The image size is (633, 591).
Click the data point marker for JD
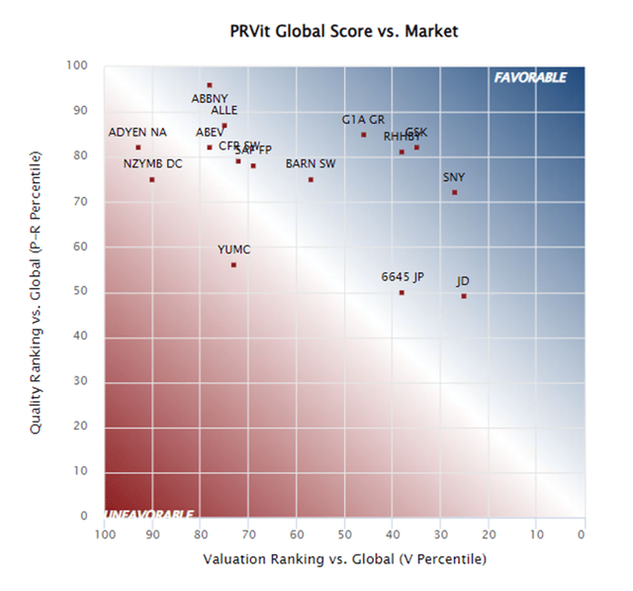[464, 296]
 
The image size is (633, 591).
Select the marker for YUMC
[233, 265]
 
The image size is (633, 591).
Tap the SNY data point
[454, 192]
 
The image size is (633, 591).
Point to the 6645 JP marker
[402, 292]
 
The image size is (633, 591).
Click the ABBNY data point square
[210, 85]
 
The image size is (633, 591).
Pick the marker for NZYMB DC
[151, 179]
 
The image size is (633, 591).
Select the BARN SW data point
[311, 179]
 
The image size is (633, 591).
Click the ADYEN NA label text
[137, 133]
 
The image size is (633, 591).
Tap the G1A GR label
[363, 120]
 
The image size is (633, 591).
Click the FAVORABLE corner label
[530, 77]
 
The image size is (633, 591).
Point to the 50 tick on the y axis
[82, 291]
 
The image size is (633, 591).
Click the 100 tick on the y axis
[78, 66]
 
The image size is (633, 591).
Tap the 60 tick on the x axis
[297, 536]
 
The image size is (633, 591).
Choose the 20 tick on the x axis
[489, 536]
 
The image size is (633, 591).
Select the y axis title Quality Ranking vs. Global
[37, 292]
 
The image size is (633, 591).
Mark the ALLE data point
[225, 126]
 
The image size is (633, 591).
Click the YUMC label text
[233, 249]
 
